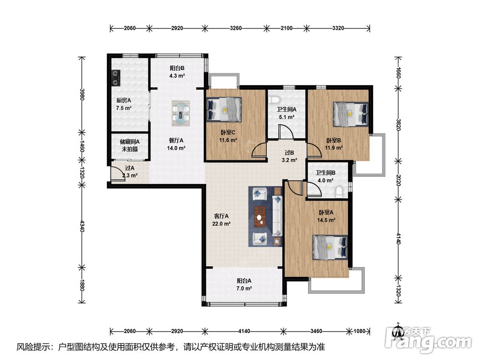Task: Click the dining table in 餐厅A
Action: [x=180, y=113]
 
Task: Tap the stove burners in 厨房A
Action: [x=115, y=78]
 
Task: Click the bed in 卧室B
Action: [x=350, y=114]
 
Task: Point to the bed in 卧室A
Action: [x=330, y=247]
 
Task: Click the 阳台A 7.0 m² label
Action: [x=244, y=284]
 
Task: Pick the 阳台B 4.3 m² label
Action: [x=177, y=72]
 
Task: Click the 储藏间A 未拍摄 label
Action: [x=130, y=146]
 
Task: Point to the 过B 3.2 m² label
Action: [x=289, y=156]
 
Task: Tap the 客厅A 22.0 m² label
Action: [x=221, y=220]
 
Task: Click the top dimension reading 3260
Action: [x=236, y=28]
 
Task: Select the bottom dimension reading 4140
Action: [x=244, y=331]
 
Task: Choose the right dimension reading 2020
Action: [x=398, y=180]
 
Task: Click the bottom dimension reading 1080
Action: [x=360, y=331]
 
